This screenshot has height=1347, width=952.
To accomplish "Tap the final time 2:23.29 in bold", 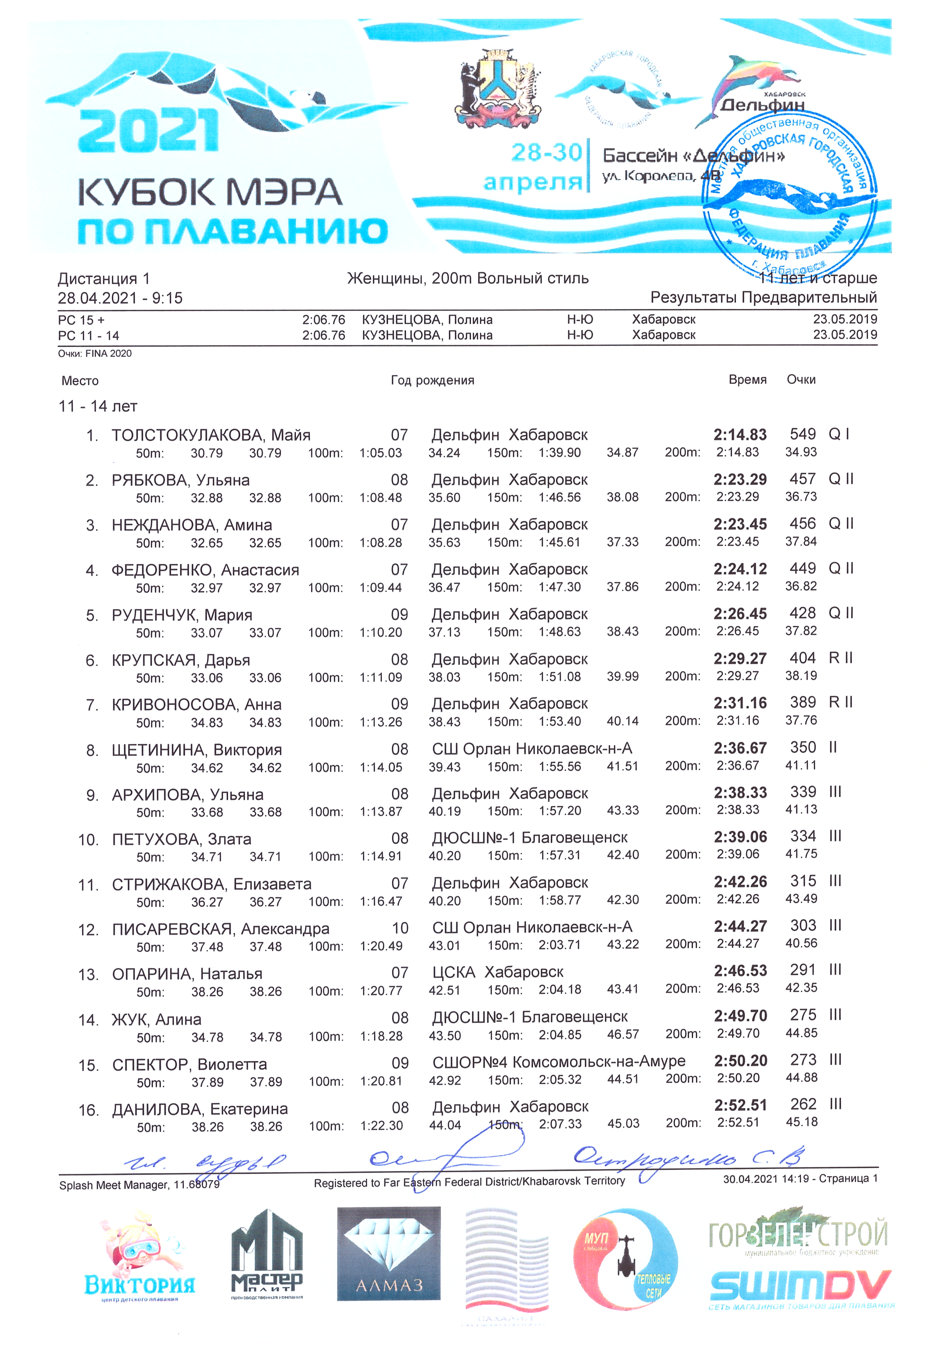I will pos(740,479).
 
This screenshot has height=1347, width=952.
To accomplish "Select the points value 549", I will pos(802,434).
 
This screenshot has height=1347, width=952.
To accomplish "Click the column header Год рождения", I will pos(432,380).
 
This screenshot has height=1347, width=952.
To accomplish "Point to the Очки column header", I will pos(801,379).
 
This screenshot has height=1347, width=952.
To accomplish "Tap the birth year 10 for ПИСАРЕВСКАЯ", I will pos(400,928).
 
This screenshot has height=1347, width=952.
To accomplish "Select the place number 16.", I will pos(89,1110).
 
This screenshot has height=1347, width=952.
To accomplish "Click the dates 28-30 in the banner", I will pos(546,152).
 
